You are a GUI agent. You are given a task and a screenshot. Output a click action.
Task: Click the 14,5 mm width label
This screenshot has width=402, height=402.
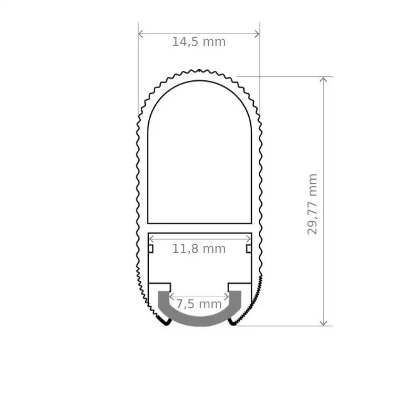coord(199,42)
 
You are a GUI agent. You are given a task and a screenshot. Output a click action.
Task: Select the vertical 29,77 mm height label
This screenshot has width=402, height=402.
coord(313,204)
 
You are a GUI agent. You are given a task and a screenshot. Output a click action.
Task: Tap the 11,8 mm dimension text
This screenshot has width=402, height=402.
coord(199,248)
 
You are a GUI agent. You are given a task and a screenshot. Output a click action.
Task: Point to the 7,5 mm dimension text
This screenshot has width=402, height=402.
coord(199,304)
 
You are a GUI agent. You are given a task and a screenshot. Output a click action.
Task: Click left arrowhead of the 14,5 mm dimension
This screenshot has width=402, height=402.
coord(141,34)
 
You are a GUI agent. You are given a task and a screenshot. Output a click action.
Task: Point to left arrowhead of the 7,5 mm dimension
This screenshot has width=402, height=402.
coord(171,296)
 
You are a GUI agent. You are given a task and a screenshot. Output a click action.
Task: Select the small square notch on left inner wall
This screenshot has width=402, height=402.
coord(150,248)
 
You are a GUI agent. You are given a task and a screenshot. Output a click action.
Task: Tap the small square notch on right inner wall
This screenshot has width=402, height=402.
coord(249,248)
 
